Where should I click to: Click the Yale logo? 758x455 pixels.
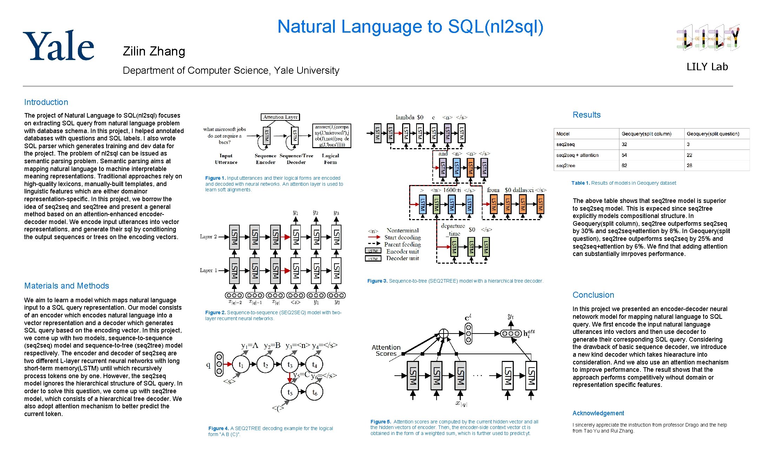point(59,46)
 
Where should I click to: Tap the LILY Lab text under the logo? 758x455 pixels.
point(707,67)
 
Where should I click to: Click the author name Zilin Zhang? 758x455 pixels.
point(154,51)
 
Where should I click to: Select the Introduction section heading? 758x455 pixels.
point(46,102)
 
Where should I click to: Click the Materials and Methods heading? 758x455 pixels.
point(67,286)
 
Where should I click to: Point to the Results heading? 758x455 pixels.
point(586,115)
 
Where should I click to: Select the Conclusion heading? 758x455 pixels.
point(593,295)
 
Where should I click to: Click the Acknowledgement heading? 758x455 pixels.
point(598,413)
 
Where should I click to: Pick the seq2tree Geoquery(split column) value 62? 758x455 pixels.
point(624,165)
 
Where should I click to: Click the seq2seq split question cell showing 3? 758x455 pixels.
point(688,144)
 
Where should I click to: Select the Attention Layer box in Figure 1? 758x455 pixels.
point(280,117)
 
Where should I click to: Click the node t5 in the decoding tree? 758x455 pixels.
point(290,392)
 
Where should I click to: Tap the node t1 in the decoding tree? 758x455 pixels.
point(241,365)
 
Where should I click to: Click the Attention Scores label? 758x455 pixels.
point(386,350)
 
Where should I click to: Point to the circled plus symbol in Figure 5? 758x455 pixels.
point(444,333)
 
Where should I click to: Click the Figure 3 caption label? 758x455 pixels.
point(377,281)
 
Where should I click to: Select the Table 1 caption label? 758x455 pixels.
point(580,183)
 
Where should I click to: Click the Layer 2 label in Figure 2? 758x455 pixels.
point(208,237)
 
